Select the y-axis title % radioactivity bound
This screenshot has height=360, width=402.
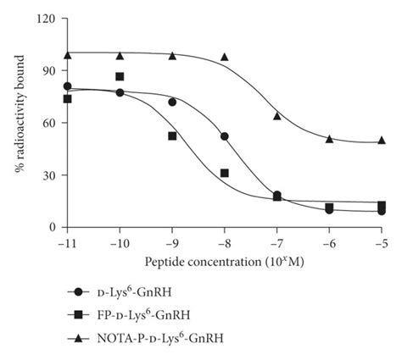[x=20, y=122]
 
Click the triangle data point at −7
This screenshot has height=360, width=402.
[x=277, y=115]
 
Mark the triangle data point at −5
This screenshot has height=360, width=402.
[x=382, y=140]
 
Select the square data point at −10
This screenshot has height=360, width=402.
[x=120, y=77]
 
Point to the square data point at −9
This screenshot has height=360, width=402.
[x=172, y=136]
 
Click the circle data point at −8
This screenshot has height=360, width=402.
[x=225, y=136]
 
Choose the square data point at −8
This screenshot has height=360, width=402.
[x=225, y=173]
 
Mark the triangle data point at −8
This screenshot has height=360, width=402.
[x=225, y=57]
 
